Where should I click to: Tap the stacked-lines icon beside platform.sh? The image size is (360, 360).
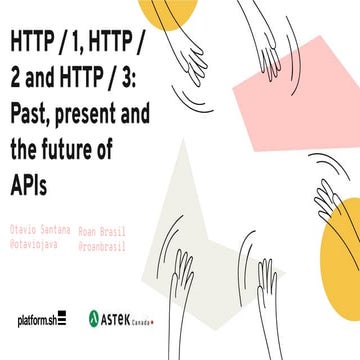(x=60, y=320)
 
